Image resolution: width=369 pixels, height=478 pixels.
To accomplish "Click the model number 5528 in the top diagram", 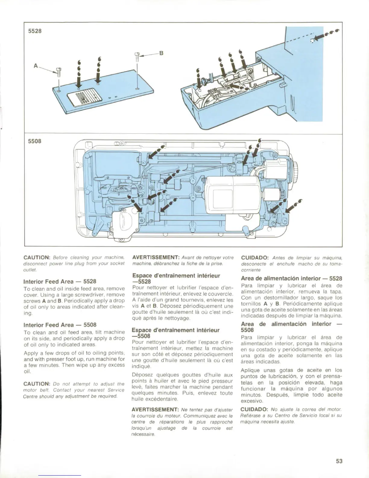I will [x=35, y=31].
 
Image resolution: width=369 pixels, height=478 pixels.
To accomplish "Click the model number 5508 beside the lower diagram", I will [x=35, y=141].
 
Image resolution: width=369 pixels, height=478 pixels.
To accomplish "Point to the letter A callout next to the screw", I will [x=36, y=65].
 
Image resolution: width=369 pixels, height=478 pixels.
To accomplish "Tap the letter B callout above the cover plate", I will [x=161, y=53].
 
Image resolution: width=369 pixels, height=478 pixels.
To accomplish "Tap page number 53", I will [x=339, y=461].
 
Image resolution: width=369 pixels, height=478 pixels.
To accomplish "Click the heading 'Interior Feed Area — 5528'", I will [x=60, y=281].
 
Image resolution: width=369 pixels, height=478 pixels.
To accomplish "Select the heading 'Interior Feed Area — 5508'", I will [x=60, y=325].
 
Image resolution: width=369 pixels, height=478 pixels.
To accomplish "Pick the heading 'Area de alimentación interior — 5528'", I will [x=291, y=278].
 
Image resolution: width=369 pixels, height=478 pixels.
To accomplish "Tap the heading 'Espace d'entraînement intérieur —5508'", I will [x=176, y=333].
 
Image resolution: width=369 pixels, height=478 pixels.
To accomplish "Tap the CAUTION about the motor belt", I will [x=36, y=384].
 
